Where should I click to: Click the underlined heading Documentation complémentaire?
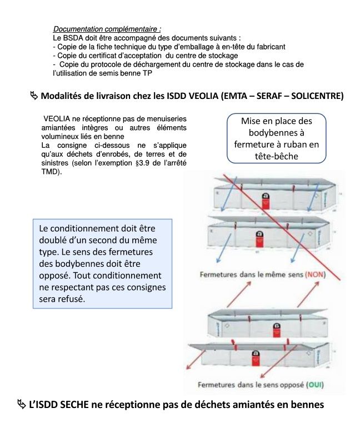(107, 29)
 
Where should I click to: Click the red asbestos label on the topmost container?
(258, 197)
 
